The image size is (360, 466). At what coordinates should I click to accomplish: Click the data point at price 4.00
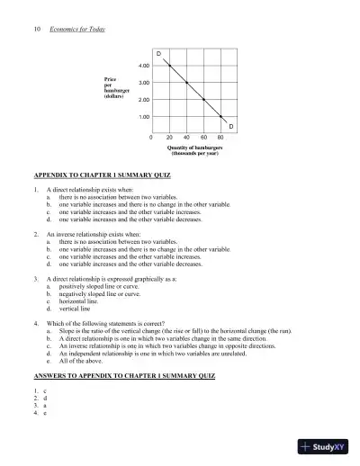[169, 66]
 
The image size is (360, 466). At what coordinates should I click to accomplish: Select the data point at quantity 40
[186, 83]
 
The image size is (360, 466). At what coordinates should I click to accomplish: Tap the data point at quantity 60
[203, 100]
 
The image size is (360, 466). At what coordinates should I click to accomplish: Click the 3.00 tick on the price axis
[143, 83]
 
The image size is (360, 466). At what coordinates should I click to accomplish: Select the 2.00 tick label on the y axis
[143, 100]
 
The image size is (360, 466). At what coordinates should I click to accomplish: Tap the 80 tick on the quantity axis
[220, 138]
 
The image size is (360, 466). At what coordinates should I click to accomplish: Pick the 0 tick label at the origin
[151, 138]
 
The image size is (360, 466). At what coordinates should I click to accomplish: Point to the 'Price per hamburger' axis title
[119, 88]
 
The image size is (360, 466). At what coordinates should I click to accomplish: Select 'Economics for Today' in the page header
[77, 29]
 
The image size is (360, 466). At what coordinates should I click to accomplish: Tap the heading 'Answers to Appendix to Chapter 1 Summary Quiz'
[122, 372]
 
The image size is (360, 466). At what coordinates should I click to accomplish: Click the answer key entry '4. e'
[40, 412]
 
